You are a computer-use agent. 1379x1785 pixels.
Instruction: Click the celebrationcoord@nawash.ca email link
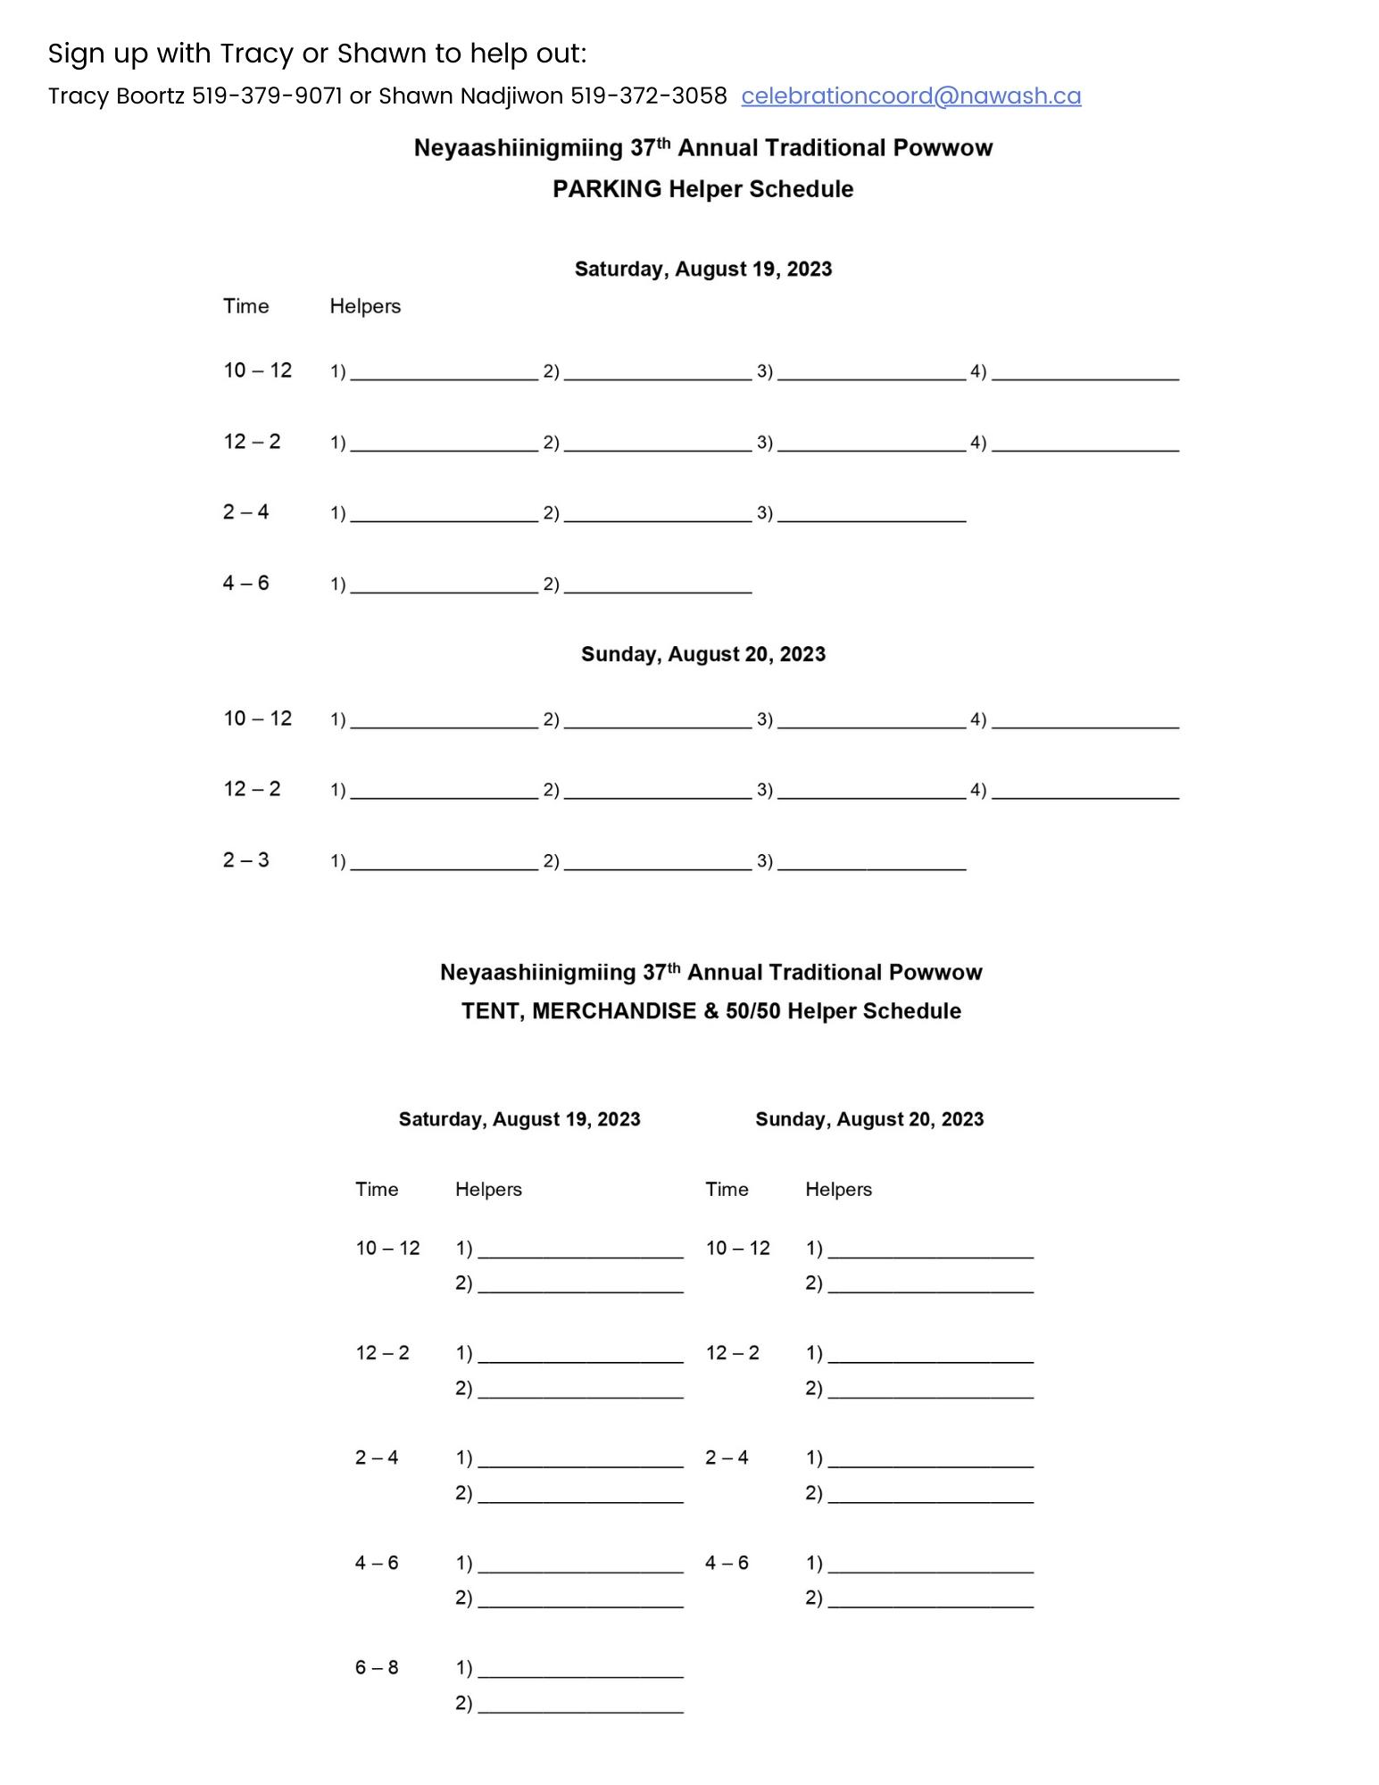[910, 96]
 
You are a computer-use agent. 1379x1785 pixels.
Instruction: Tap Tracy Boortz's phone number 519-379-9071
[267, 96]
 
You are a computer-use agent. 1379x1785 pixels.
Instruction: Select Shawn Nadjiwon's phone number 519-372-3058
[648, 96]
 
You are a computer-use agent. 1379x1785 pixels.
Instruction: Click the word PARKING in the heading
[607, 189]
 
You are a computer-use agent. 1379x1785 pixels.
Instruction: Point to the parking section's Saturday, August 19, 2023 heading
[702, 270]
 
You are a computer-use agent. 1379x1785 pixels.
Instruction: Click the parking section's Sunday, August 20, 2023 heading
[702, 654]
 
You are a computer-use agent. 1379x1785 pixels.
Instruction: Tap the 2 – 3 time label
[245, 860]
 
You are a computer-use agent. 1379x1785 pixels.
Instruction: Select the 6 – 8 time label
[377, 1667]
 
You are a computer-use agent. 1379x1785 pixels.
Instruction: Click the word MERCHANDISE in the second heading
[614, 1011]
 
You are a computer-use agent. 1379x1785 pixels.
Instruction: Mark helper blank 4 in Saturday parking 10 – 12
[1084, 373]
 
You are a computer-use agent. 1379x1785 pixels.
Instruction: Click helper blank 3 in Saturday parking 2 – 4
[871, 515]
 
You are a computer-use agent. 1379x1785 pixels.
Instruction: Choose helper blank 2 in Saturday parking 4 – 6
[658, 586]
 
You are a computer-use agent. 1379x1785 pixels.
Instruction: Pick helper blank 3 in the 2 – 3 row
[871, 863]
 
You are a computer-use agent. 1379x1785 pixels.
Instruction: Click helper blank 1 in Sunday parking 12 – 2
[444, 792]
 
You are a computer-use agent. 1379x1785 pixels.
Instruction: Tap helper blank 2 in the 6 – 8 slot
[580, 1705]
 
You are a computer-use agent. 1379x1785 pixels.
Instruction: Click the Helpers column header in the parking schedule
[365, 306]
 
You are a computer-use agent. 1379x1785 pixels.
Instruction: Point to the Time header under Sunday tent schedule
[727, 1190]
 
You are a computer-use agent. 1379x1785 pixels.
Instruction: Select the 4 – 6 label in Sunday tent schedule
[727, 1563]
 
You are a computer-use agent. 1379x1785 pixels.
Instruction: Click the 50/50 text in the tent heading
[753, 1011]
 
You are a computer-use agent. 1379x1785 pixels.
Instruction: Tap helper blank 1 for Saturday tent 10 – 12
[580, 1250]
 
